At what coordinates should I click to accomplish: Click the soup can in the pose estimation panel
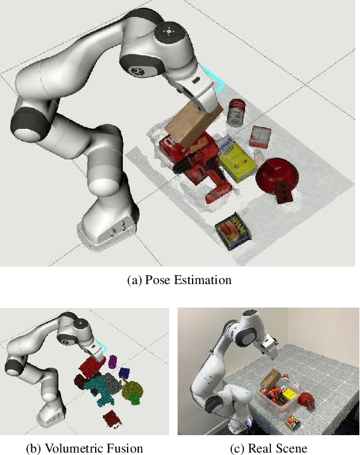(237, 112)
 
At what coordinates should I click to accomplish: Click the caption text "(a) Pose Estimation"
(180, 280)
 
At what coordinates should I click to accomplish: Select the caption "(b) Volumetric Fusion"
(84, 447)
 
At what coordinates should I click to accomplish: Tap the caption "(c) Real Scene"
(268, 447)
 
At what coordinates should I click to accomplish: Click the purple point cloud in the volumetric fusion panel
(113, 362)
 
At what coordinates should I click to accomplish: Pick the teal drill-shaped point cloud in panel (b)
(96, 385)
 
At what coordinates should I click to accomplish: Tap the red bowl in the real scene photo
(308, 399)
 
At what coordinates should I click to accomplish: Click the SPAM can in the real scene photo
(292, 422)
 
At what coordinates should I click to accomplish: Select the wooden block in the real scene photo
(270, 377)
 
